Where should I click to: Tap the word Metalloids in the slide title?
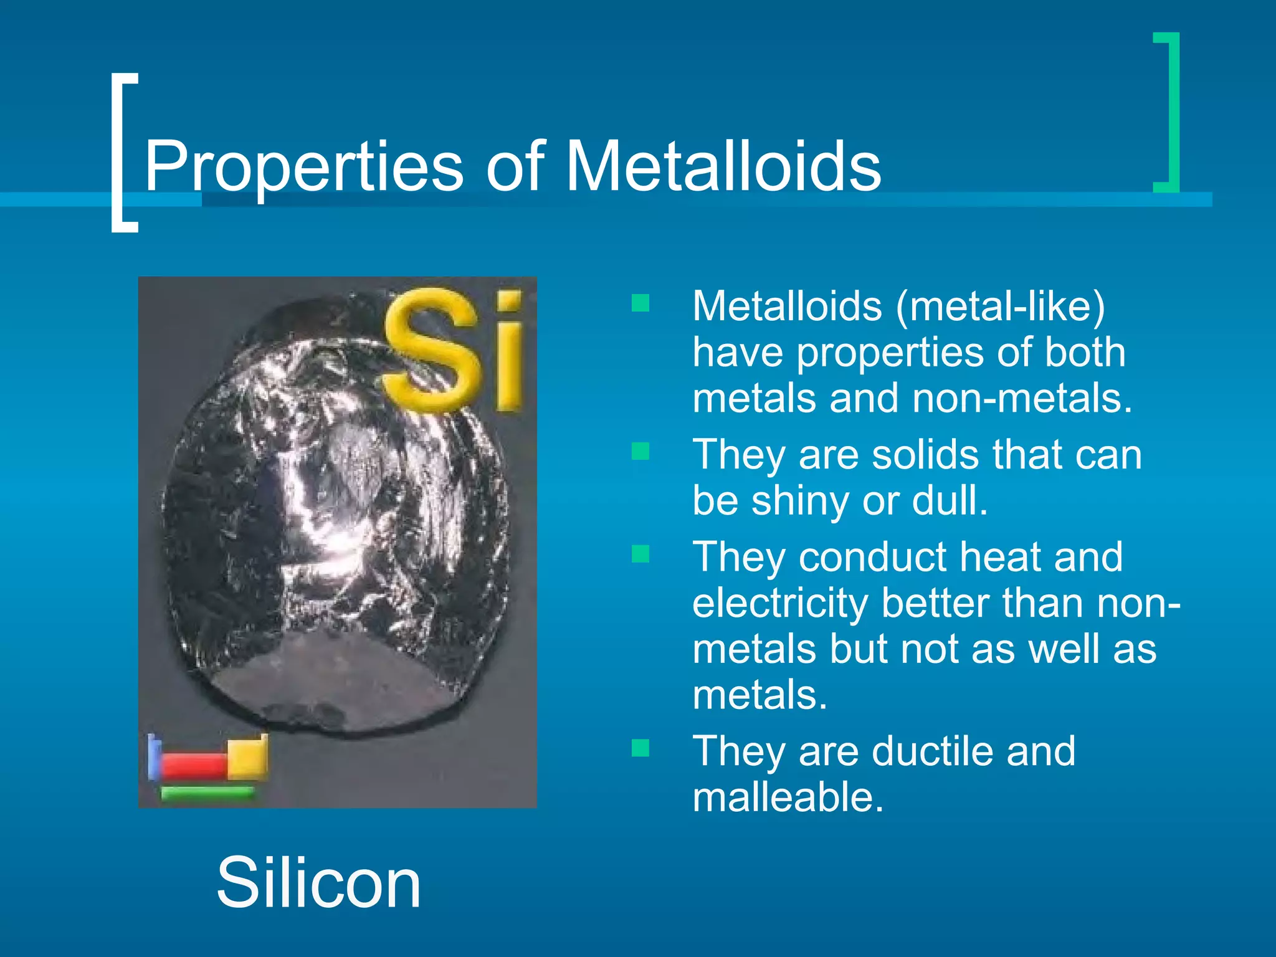[x=723, y=166]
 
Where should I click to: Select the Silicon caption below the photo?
[x=318, y=883]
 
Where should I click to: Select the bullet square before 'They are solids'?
[x=640, y=450]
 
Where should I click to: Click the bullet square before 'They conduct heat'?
[x=640, y=553]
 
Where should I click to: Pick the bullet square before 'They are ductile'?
[x=640, y=747]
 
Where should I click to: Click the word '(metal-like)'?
[x=1000, y=307]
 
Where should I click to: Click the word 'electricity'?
[x=780, y=603]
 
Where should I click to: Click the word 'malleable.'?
[x=788, y=797]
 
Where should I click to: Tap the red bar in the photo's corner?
[x=194, y=764]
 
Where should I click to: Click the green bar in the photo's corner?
[x=207, y=793]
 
